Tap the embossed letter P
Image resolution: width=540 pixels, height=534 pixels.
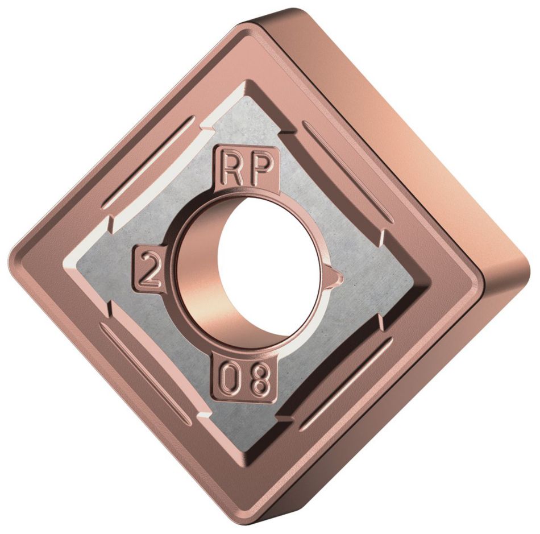click(261, 169)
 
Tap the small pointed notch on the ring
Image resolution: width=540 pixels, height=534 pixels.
click(337, 278)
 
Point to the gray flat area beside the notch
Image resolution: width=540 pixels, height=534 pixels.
click(369, 284)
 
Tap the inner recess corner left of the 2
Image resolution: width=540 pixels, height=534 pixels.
click(68, 267)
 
